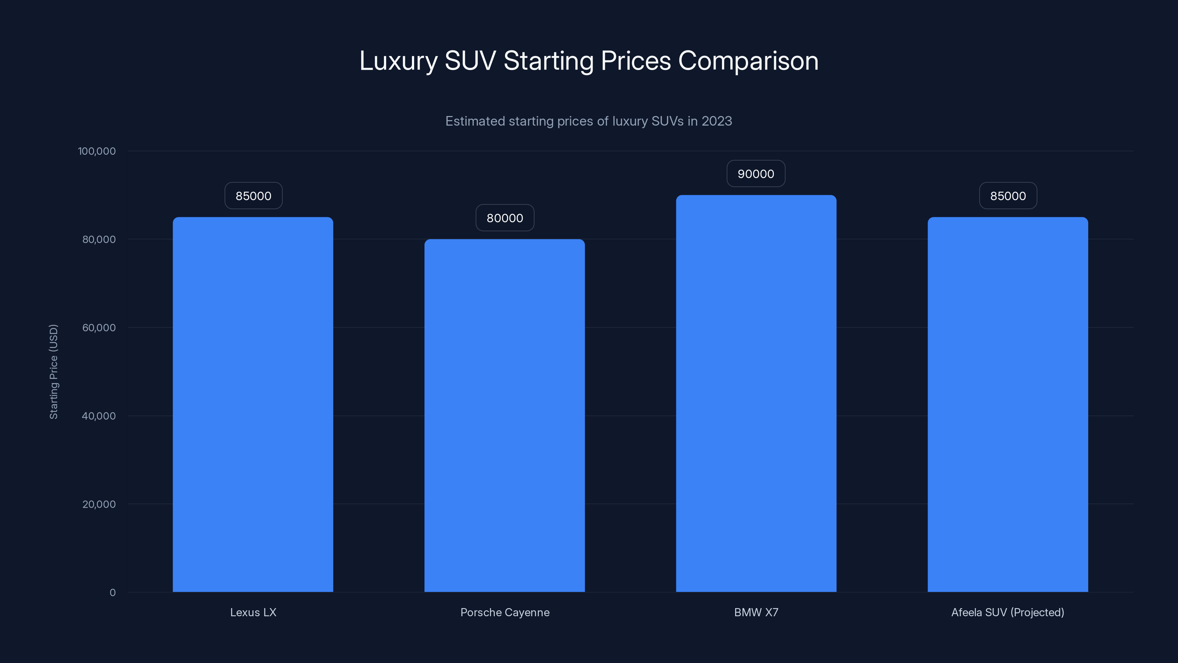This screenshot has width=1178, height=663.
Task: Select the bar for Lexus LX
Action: pos(253,404)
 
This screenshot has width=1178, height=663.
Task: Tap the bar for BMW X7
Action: pos(756,393)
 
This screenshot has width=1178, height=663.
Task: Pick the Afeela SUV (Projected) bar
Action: pos(1008,404)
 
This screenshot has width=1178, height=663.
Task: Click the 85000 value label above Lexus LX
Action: pos(253,196)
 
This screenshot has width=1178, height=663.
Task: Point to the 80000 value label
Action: pos(505,218)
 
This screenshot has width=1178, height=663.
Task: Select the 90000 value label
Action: pos(756,174)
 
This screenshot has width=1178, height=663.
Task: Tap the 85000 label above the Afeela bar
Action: pos(1008,196)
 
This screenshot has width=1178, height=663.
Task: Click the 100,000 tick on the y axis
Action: pos(97,151)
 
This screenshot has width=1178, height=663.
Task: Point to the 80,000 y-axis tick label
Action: pos(99,239)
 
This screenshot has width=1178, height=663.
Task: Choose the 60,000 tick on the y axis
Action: pos(99,327)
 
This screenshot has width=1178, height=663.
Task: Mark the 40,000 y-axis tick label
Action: pos(99,416)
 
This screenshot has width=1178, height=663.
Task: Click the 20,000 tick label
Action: pos(99,504)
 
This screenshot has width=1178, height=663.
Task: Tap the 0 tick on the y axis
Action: pos(113,593)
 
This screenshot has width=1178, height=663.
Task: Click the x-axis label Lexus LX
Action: pos(253,612)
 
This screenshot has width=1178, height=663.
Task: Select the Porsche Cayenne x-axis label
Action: pos(505,612)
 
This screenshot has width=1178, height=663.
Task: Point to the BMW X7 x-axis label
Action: pos(756,612)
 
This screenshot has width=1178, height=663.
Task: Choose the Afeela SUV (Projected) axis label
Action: pos(1008,612)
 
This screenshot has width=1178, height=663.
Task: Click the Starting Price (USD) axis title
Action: pos(53,372)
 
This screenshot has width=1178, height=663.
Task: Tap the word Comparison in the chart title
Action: pos(748,61)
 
